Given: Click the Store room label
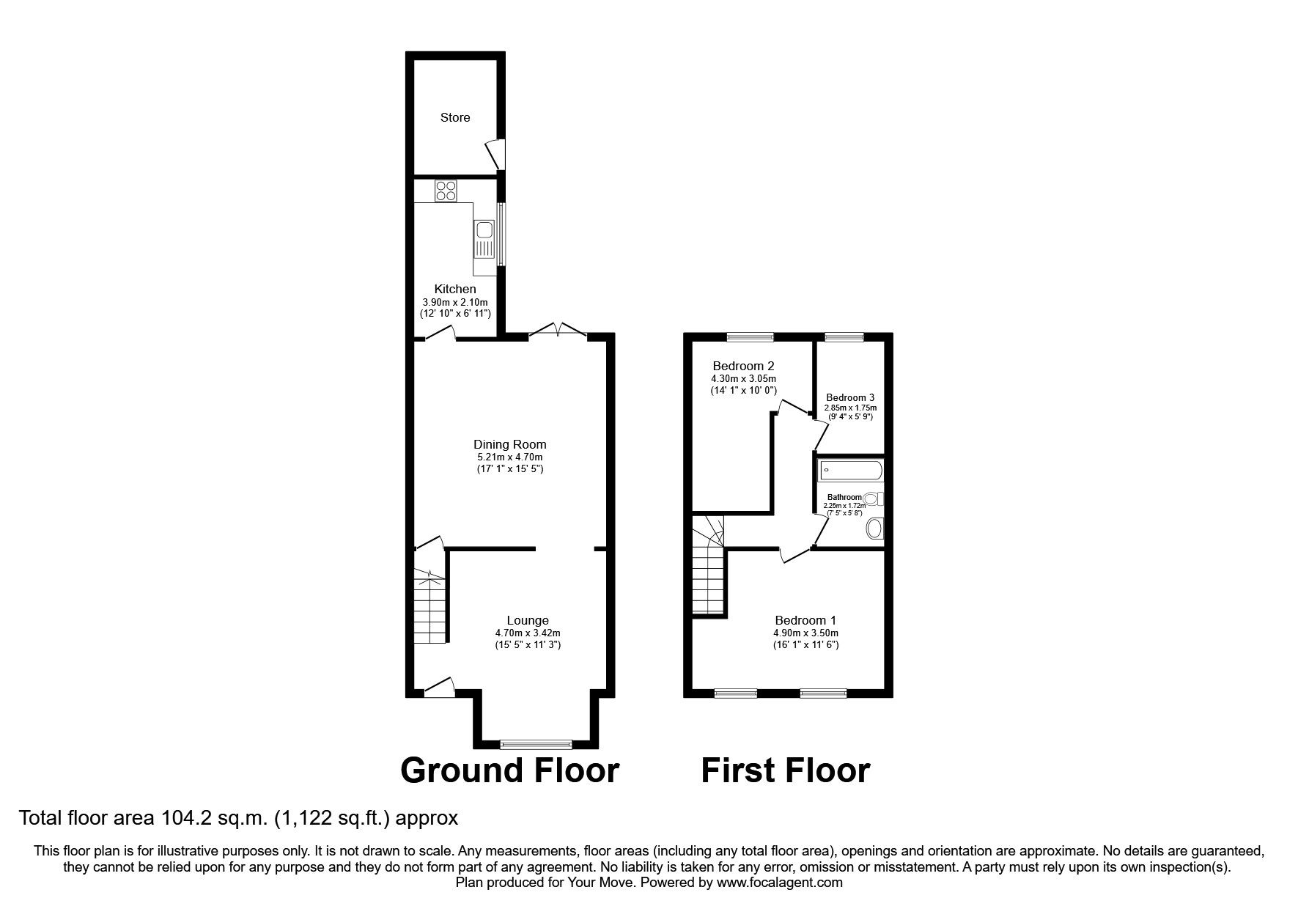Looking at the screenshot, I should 454,117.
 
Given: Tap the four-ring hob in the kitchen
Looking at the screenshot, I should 445,191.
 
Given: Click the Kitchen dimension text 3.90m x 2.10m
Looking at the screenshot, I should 454,302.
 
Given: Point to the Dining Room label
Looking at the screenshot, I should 509,444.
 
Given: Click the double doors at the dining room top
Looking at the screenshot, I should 558,331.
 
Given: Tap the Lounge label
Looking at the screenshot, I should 528,620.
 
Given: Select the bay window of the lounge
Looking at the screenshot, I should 536,745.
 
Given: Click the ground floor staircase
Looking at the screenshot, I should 429,606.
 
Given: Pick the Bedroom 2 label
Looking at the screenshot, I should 743,366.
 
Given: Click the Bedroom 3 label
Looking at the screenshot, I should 850,397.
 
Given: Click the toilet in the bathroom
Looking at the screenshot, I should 874,498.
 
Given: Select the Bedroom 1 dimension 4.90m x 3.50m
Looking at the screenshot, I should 805,633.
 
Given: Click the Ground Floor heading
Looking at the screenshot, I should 509,770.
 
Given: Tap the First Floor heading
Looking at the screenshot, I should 785,770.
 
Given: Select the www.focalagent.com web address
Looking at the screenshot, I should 779,883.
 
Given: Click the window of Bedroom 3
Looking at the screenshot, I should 844,337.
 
